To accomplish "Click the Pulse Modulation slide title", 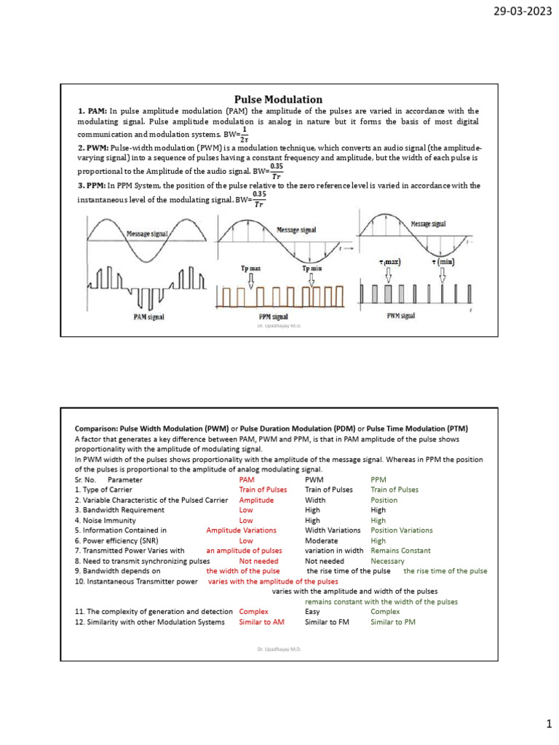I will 277,99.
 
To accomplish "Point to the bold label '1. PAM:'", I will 92,111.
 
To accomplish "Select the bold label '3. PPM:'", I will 92,186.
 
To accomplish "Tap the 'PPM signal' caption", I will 274,317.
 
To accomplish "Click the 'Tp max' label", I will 251,268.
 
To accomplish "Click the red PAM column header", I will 247,479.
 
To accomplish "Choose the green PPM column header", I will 378,479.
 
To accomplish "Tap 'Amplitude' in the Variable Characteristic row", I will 256,500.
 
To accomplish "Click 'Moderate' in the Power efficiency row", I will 321,541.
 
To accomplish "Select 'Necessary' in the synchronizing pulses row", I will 389,561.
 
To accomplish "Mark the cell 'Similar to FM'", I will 328,622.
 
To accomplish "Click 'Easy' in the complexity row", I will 312,612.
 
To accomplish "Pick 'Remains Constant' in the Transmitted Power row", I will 400,551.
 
